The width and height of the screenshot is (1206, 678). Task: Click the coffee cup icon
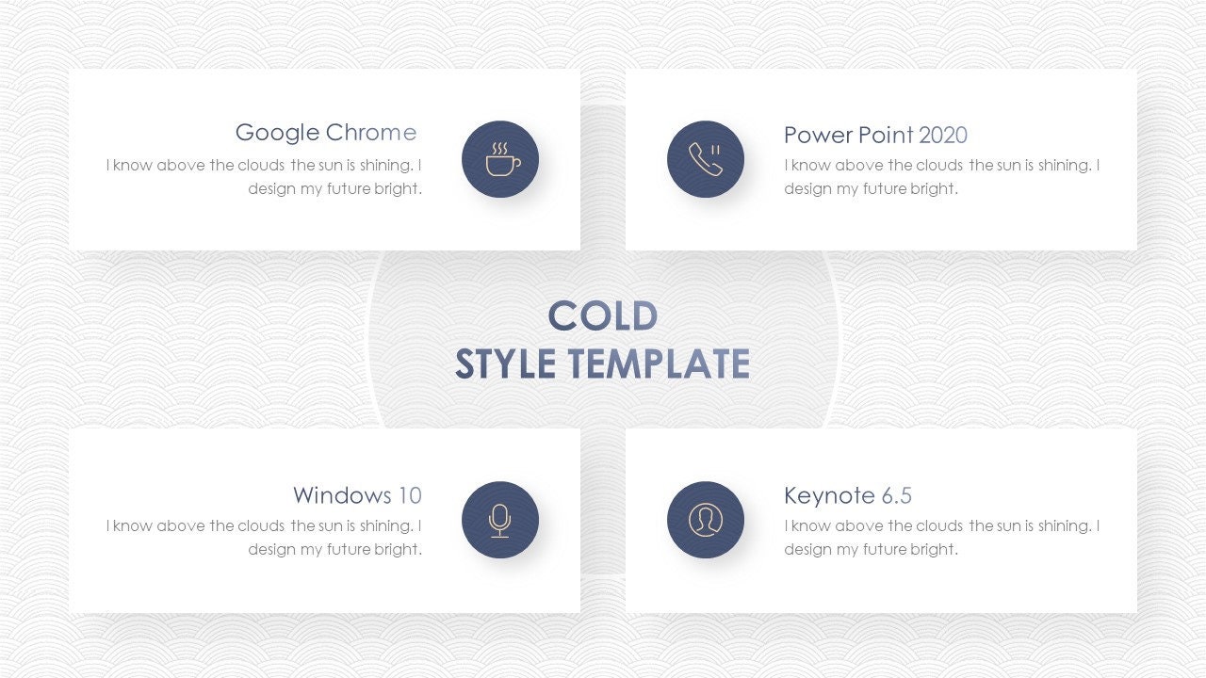click(500, 159)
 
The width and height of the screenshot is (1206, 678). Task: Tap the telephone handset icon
click(705, 159)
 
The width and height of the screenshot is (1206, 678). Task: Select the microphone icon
click(500, 520)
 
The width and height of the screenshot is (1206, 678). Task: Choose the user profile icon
click(705, 520)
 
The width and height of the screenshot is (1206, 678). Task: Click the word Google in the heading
click(277, 133)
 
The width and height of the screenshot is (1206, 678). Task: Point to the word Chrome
click(370, 133)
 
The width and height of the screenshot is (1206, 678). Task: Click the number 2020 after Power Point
click(943, 136)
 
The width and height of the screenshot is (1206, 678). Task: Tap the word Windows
click(342, 495)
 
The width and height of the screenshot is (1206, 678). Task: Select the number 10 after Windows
click(410, 495)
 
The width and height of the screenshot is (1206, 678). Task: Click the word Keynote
click(829, 496)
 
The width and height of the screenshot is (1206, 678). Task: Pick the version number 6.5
click(897, 496)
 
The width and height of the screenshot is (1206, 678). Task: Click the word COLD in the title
click(602, 316)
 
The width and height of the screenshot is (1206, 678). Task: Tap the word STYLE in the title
click(505, 363)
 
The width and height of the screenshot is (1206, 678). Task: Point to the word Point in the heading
click(886, 136)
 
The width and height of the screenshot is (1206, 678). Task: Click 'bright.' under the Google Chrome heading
click(398, 188)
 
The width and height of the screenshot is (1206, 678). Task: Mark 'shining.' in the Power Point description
click(1063, 166)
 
